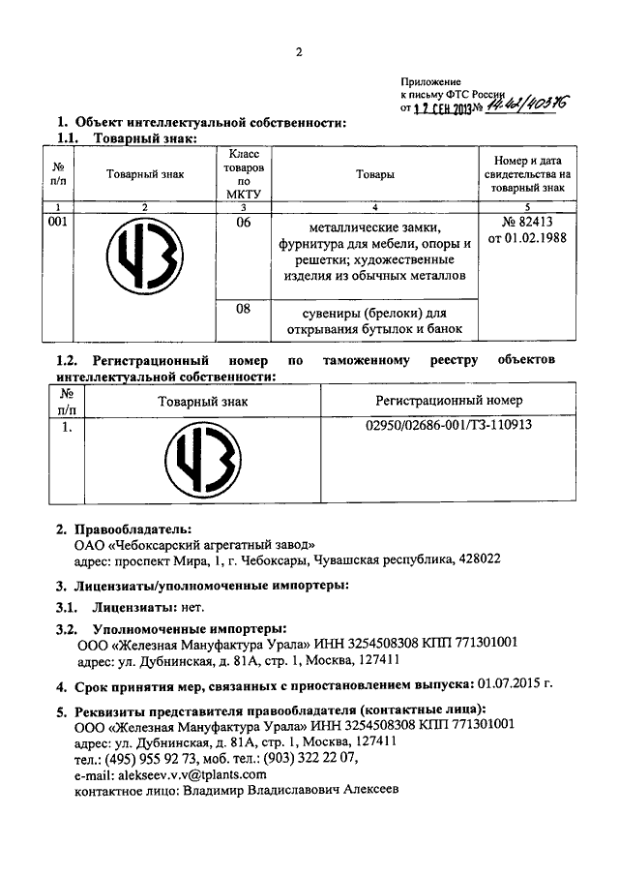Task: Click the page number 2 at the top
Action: click(300, 52)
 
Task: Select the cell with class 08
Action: click(244, 310)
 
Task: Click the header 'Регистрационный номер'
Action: click(450, 400)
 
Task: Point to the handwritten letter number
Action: click(526, 107)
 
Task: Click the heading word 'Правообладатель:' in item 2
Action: click(131, 529)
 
